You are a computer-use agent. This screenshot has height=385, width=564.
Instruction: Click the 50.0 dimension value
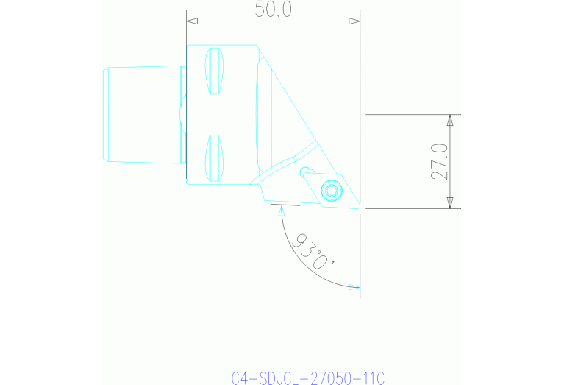(x=273, y=10)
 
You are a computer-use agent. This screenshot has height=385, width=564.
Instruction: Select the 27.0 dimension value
(x=440, y=161)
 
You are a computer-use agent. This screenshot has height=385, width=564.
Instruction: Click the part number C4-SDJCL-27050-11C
(x=307, y=378)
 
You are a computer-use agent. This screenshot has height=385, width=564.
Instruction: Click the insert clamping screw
(x=332, y=191)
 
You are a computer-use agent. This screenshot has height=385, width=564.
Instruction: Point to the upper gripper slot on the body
(x=213, y=71)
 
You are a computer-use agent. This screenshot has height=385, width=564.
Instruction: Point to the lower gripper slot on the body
(x=213, y=159)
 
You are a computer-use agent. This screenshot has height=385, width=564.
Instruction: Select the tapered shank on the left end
(x=143, y=114)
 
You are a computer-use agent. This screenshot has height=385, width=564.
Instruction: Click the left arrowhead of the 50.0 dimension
(x=190, y=21)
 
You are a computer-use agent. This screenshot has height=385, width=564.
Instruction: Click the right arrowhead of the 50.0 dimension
(x=356, y=21)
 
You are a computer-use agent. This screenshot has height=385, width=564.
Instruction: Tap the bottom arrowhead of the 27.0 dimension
(x=451, y=204)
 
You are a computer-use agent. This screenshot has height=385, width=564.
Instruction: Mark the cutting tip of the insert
(x=360, y=207)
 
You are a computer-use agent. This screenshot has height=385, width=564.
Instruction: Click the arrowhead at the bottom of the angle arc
(x=355, y=288)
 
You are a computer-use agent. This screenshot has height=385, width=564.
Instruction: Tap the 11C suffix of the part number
(x=373, y=378)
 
